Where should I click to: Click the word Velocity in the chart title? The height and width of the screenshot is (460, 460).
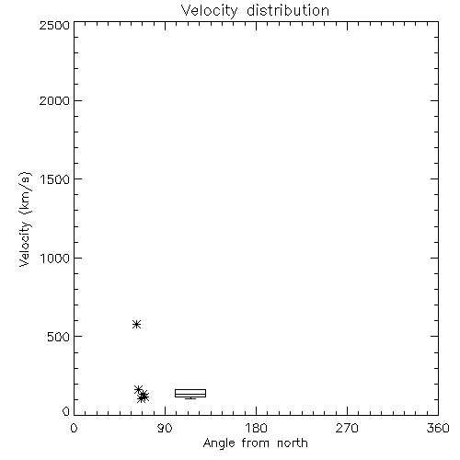(x=210, y=11)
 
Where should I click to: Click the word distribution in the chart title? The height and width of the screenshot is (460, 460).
(x=288, y=10)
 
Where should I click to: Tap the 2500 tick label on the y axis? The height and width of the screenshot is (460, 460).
(x=54, y=25)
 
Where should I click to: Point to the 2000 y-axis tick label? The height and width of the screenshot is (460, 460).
(x=54, y=100)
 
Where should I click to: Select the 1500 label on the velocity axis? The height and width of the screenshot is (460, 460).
(x=55, y=179)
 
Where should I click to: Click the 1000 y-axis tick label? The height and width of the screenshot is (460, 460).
(x=55, y=259)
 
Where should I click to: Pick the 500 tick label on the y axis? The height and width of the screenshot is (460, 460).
(x=59, y=337)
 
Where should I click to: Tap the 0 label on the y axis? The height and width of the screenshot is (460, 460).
(x=66, y=411)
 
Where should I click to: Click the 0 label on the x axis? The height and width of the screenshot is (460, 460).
(x=74, y=428)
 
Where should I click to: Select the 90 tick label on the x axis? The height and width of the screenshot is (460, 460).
(x=165, y=428)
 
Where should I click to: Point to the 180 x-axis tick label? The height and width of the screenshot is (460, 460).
(x=256, y=428)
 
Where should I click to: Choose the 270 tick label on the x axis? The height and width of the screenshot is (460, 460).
(x=347, y=428)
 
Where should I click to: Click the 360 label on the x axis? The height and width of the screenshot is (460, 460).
(x=438, y=428)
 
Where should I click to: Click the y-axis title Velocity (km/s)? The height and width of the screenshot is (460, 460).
(x=25, y=219)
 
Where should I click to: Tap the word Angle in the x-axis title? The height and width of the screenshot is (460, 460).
(x=219, y=443)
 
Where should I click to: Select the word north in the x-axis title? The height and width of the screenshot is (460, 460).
(x=293, y=443)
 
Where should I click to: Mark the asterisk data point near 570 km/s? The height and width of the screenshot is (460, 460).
(x=136, y=324)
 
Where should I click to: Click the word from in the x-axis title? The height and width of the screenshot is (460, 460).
(x=256, y=443)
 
